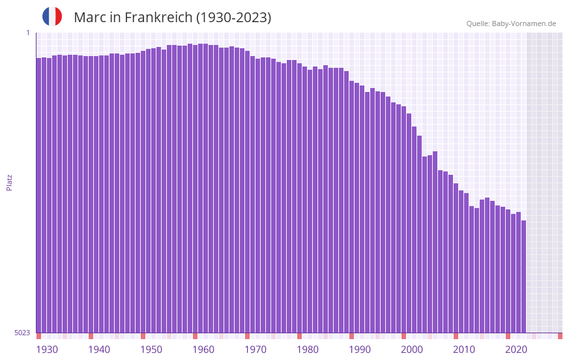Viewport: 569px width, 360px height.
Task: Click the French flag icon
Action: pos(52,16)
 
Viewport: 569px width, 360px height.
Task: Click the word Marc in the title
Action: pos(89,18)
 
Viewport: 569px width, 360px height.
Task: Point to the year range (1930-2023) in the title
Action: pos(233,18)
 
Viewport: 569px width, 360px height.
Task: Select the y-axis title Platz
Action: pos(9,182)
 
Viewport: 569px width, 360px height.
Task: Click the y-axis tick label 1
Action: pos(27,33)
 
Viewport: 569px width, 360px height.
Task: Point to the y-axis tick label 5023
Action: pos(22,333)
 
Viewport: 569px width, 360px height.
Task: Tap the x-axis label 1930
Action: pos(47,350)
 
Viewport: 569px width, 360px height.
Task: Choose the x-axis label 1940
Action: pos(99,350)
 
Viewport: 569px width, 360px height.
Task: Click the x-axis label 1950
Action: pos(151,350)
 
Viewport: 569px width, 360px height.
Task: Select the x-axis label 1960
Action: pos(203,350)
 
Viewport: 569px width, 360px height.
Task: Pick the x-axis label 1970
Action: pos(255,350)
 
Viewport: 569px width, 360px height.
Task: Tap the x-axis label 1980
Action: pos(308,350)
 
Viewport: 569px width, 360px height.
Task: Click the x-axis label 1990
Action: pos(360,350)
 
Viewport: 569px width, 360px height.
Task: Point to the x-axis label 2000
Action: pos(412,350)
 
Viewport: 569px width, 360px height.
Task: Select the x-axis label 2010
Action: pos(464,350)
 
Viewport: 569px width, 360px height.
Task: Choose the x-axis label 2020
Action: pos(516,350)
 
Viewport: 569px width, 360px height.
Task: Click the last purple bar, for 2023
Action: pos(523,277)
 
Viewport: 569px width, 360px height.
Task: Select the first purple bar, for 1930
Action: pos(38,196)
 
